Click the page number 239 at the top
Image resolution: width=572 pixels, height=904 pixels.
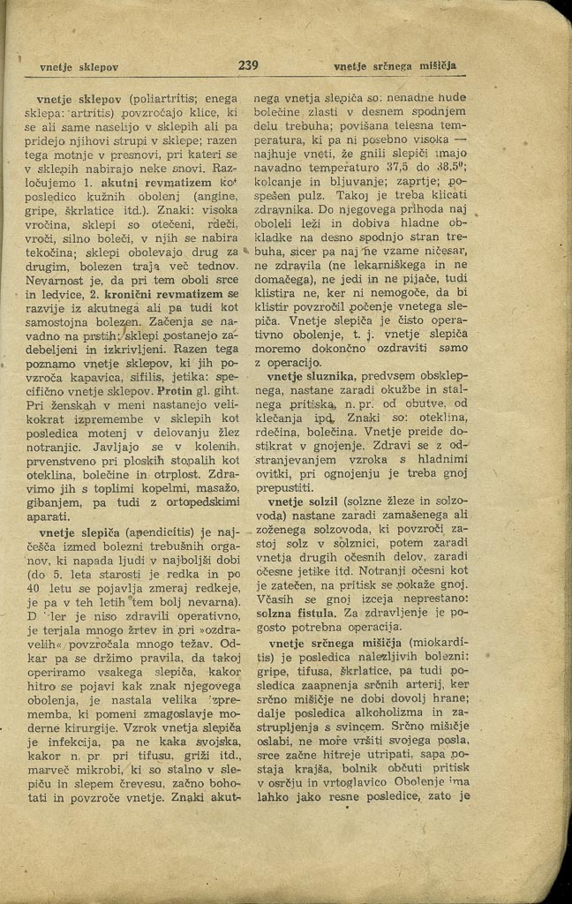point(248,65)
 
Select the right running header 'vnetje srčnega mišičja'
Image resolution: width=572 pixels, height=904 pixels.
point(400,66)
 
